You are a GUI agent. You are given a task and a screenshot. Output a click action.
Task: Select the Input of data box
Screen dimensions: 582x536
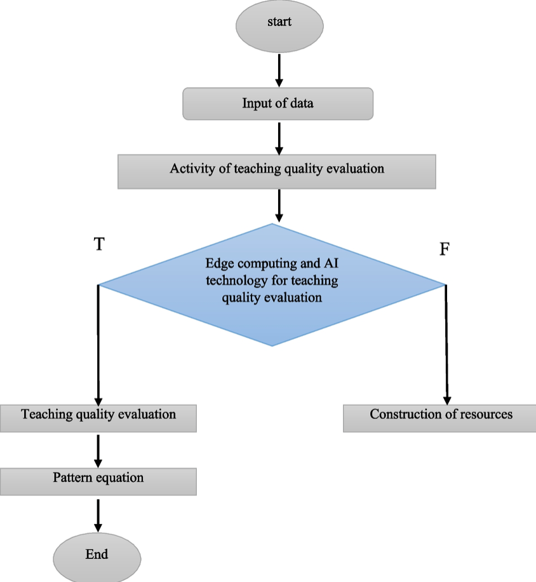[x=278, y=104]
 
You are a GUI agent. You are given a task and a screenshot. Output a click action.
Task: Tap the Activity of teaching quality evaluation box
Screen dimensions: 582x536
[x=276, y=171]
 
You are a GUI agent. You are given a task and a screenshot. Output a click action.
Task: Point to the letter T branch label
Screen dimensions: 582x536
[x=98, y=245]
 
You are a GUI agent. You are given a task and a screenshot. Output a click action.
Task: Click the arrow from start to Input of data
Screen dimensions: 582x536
[x=279, y=70]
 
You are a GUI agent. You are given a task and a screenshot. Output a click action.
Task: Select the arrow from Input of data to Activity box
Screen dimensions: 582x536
[x=279, y=137]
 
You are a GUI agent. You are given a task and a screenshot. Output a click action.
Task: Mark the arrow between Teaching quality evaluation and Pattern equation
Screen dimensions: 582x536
[x=98, y=450]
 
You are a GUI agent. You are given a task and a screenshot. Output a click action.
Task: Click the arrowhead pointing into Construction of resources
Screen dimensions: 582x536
[x=447, y=397]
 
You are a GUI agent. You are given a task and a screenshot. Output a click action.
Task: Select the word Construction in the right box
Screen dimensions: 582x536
[x=401, y=414]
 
